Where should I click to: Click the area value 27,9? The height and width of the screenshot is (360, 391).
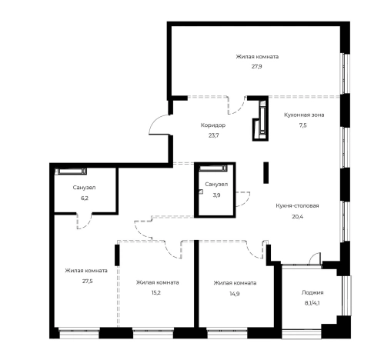(256, 67)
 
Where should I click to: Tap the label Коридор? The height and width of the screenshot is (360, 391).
(213, 125)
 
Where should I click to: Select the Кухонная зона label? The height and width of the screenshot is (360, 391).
(304, 115)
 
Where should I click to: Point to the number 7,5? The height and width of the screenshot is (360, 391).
(302, 125)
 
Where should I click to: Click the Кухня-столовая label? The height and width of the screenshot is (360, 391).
(297, 205)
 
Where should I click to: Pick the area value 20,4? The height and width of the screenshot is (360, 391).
(297, 216)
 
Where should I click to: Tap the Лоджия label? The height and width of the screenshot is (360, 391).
(312, 292)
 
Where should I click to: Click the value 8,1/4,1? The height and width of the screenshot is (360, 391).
(312, 303)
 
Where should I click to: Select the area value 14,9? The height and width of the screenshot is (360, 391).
(235, 294)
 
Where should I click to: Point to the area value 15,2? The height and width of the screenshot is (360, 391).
(156, 292)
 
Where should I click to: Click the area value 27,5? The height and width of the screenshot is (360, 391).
(87, 281)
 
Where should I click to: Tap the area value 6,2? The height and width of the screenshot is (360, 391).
(85, 198)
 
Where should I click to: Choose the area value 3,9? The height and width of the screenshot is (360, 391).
(216, 195)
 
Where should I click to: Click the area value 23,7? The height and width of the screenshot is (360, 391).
(213, 135)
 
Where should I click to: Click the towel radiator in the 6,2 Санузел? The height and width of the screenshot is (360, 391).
(72, 171)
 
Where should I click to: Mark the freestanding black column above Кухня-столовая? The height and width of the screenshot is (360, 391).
(266, 172)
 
